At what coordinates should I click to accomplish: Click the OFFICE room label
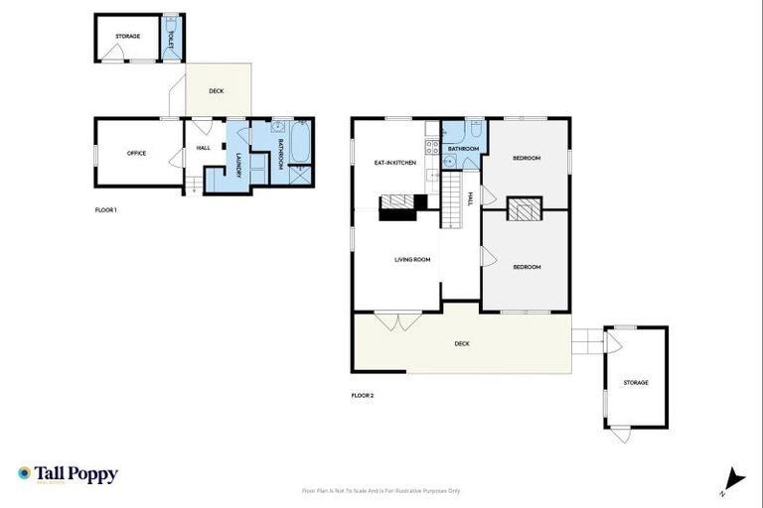pyautogui.click(x=136, y=153)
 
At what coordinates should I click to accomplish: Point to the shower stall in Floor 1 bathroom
pyautogui.click(x=300, y=175)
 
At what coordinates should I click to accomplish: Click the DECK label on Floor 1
pyautogui.click(x=217, y=91)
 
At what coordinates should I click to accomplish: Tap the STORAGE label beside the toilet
pyautogui.click(x=127, y=37)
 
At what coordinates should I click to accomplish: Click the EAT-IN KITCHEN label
pyautogui.click(x=393, y=162)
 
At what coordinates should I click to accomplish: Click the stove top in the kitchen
pyautogui.click(x=432, y=148)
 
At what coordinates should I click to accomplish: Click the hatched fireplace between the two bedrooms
pyautogui.click(x=523, y=209)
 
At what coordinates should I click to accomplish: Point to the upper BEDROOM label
pyautogui.click(x=527, y=159)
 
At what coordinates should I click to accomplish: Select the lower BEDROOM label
pyautogui.click(x=527, y=267)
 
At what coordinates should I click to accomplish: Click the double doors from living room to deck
pyautogui.click(x=406, y=321)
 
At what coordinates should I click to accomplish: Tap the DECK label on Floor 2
pyautogui.click(x=462, y=343)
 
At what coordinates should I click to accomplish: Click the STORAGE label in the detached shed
pyautogui.click(x=636, y=382)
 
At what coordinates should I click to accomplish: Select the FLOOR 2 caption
pyautogui.click(x=363, y=396)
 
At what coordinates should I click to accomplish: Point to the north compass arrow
pyautogui.click(x=734, y=478)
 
